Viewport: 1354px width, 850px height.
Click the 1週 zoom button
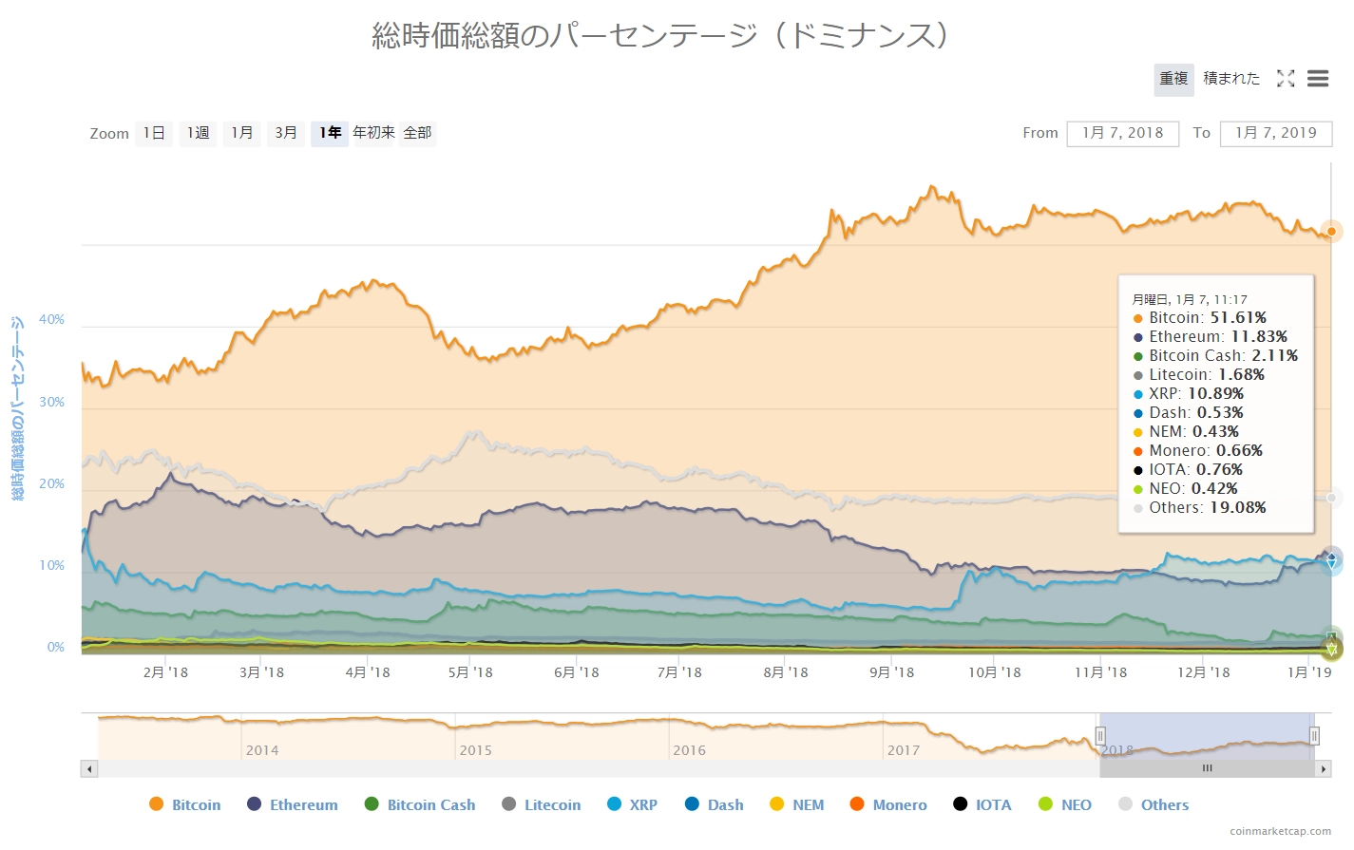[198, 133]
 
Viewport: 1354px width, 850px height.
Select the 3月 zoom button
[286, 133]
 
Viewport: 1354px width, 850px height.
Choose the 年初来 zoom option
[373, 133]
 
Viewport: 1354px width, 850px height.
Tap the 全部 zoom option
[417, 133]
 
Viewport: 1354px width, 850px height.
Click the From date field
[1122, 133]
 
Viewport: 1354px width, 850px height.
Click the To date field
[1275, 133]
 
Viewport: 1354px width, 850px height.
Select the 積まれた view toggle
[1231, 79]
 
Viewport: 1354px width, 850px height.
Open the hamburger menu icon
[1317, 79]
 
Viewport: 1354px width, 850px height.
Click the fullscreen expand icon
[1286, 79]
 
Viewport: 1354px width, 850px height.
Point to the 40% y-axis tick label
[51, 320]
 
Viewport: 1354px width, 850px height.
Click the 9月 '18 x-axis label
[891, 672]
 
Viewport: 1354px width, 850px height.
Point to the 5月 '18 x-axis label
[470, 672]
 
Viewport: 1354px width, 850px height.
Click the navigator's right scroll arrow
[1324, 768]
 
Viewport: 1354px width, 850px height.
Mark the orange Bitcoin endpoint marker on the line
[1331, 231]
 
